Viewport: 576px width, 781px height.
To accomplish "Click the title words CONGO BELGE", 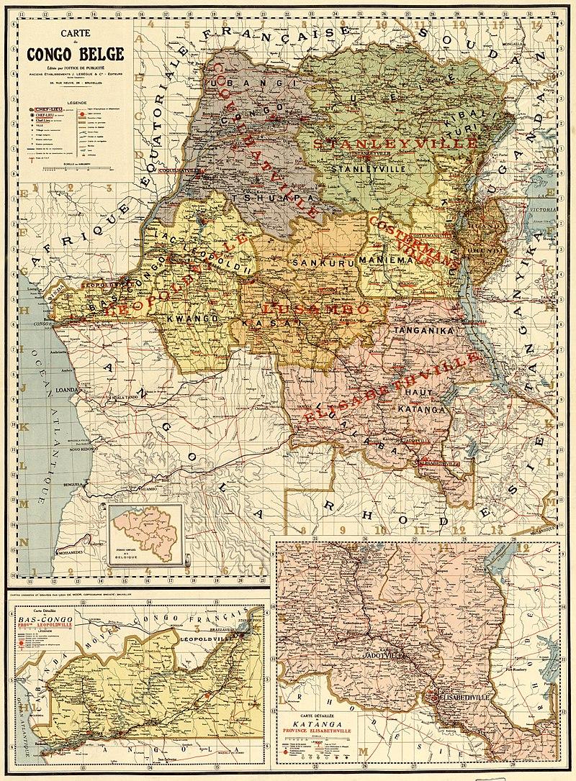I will coord(75,53).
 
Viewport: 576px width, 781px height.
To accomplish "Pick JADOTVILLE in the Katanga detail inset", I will coord(394,657).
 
